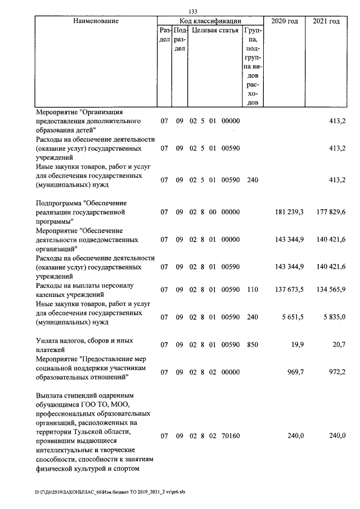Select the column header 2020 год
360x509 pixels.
click(x=285, y=21)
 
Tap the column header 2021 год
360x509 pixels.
click(x=326, y=21)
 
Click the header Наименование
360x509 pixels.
click(x=96, y=21)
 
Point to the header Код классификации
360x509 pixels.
click(x=208, y=20)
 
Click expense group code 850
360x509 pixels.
click(x=253, y=345)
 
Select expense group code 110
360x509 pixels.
click(x=253, y=290)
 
